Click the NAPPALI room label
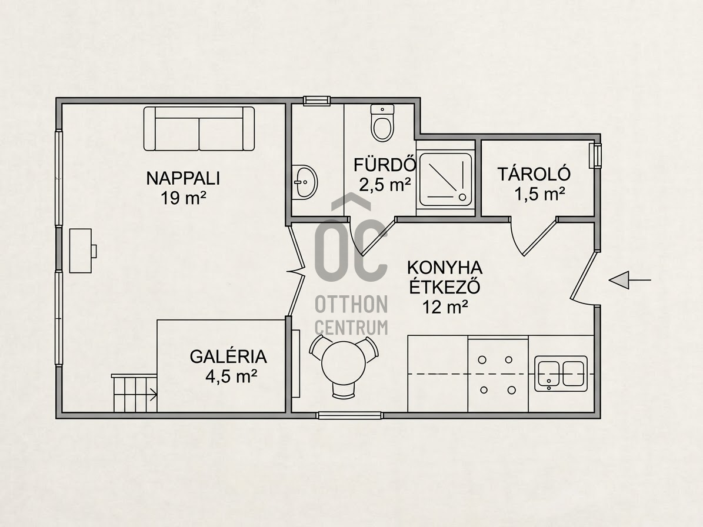(x=183, y=178)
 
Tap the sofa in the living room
(x=199, y=129)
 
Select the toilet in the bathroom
(x=382, y=123)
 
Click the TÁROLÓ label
(x=534, y=174)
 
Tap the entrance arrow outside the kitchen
(x=629, y=280)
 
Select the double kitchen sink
(x=561, y=373)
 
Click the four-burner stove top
(x=498, y=375)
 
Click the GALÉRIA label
(x=228, y=356)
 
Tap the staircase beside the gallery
(x=135, y=393)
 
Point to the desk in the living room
(x=82, y=251)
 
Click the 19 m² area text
(x=184, y=198)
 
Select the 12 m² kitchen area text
(x=445, y=307)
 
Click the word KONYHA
(x=445, y=268)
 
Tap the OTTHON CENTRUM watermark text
(x=352, y=315)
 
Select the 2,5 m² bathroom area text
(x=385, y=185)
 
